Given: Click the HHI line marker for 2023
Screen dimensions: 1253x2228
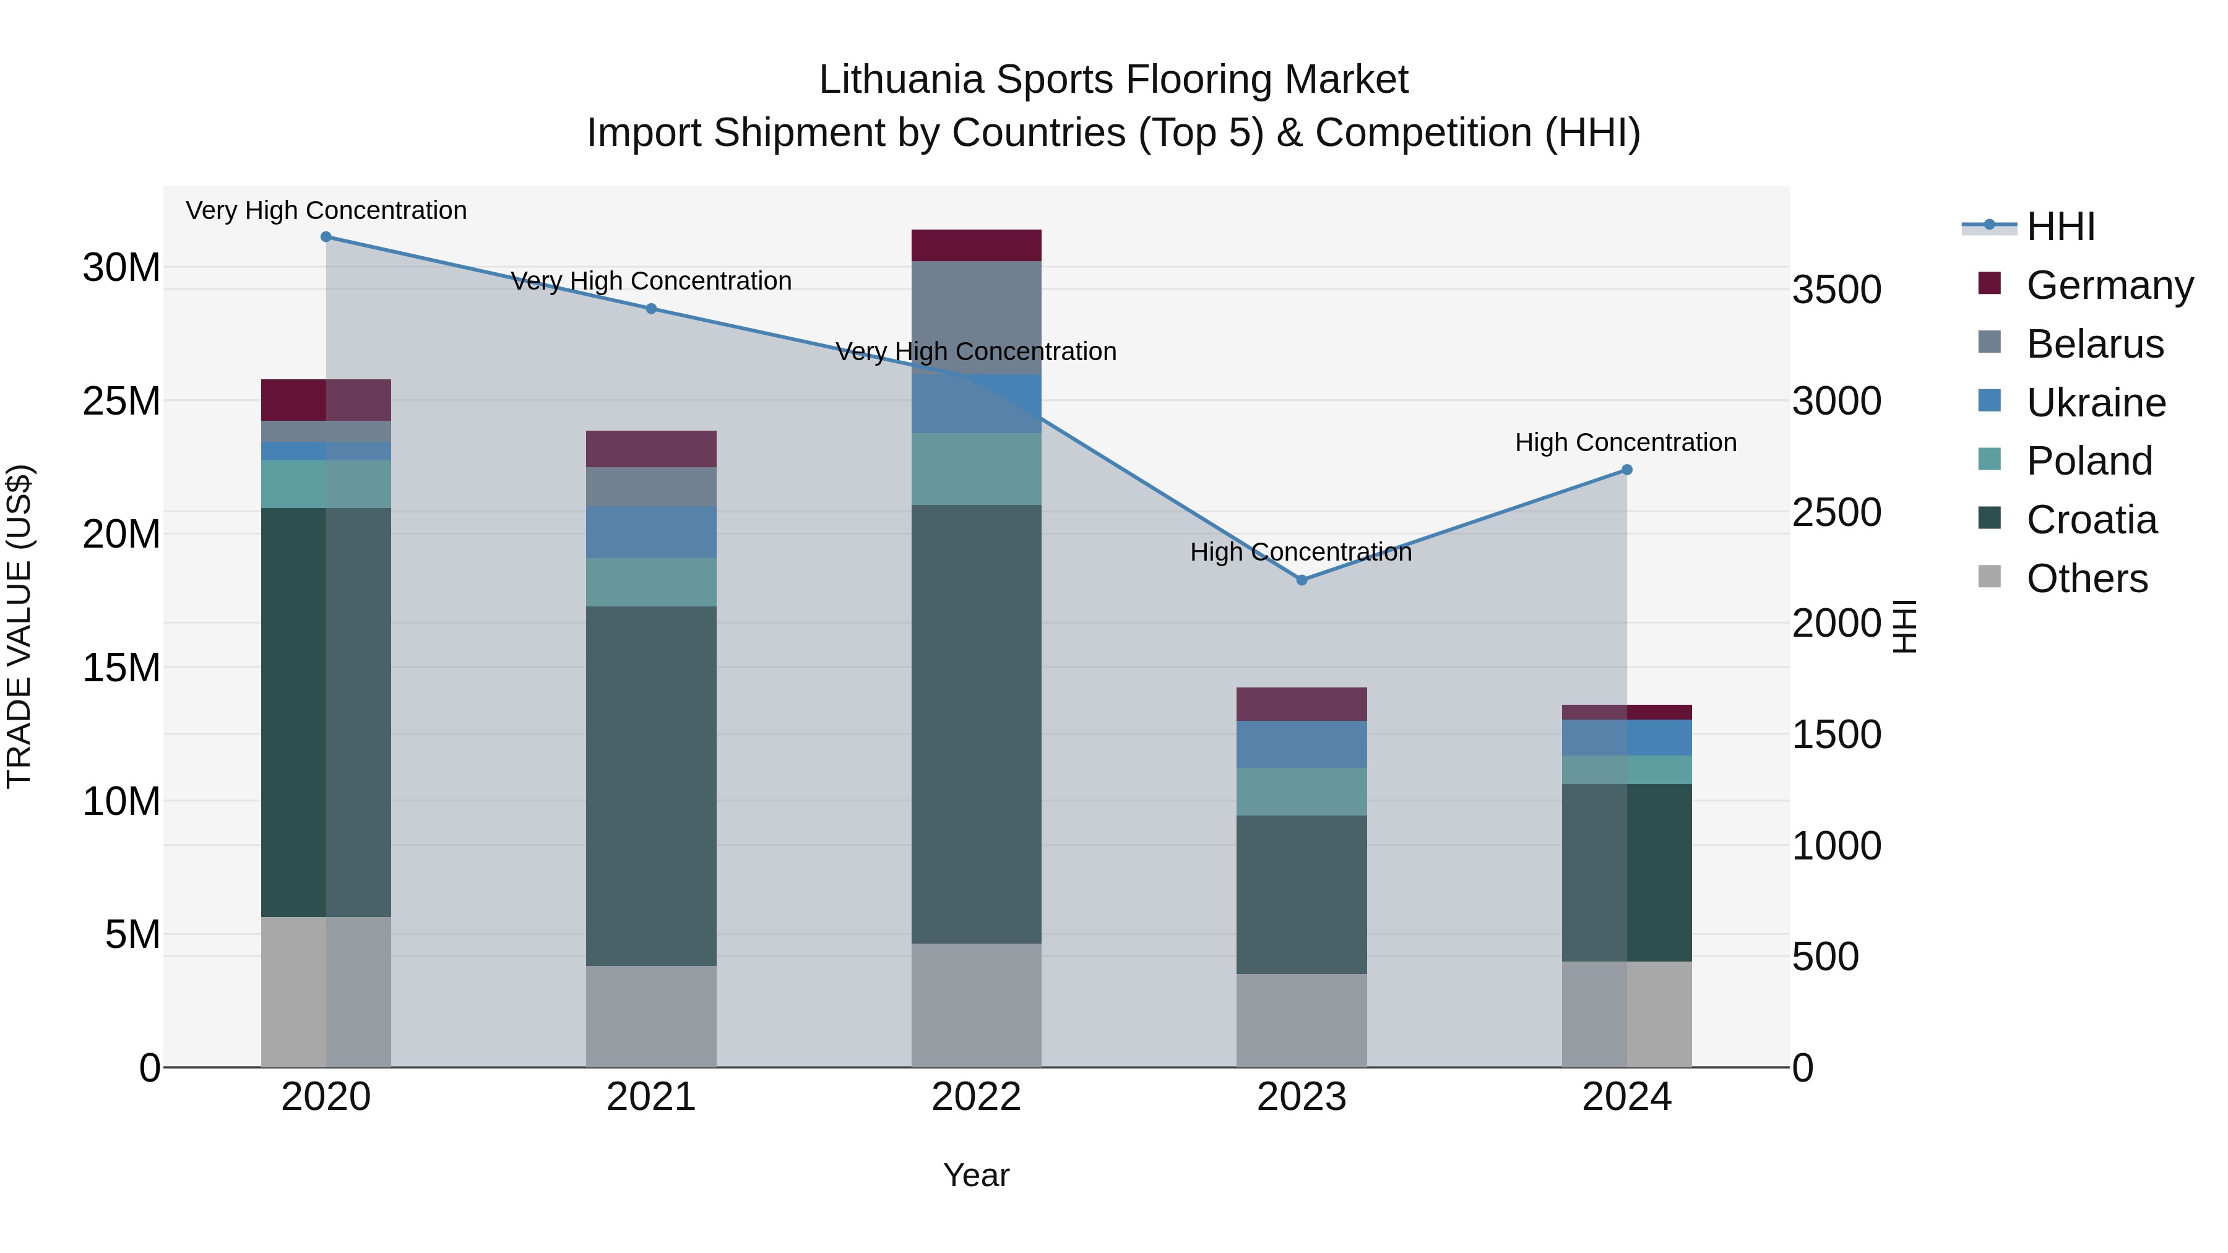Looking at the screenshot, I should point(1302,580).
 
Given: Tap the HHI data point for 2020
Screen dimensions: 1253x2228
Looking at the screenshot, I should point(326,237).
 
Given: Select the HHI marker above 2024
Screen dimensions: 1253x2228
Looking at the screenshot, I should point(1627,470).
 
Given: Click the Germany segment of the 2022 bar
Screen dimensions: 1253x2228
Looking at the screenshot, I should point(977,246).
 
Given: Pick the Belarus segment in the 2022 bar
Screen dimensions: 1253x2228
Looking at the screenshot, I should point(977,317).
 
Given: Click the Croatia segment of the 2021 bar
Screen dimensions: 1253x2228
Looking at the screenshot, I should point(651,785).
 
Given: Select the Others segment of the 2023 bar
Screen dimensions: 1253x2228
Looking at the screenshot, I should point(1302,1020).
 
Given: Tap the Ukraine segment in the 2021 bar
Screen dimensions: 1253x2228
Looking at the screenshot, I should point(651,532).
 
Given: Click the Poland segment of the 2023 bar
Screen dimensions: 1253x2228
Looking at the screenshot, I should point(1302,791).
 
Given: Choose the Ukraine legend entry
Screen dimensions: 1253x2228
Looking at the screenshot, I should point(2095,403).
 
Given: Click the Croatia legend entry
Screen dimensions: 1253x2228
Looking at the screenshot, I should point(2091,520).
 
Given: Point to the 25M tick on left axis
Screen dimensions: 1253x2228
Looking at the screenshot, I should point(121,401).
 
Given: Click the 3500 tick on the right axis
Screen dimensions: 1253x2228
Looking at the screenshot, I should point(1836,290).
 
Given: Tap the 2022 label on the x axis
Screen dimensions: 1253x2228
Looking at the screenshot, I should point(977,1097).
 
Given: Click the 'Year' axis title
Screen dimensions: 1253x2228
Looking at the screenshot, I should point(977,1175).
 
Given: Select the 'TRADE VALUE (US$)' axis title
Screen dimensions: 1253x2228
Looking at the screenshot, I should point(19,626).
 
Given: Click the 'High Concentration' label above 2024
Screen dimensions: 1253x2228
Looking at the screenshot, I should point(1625,443).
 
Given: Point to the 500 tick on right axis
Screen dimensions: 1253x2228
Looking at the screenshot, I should point(1825,957).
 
